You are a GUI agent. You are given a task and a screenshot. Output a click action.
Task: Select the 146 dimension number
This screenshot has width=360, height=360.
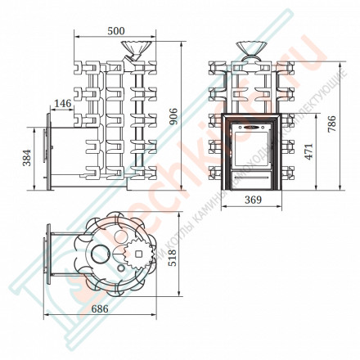(x=62, y=103)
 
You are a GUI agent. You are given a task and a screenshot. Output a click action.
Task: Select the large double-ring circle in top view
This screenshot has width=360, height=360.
(x=99, y=255)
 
